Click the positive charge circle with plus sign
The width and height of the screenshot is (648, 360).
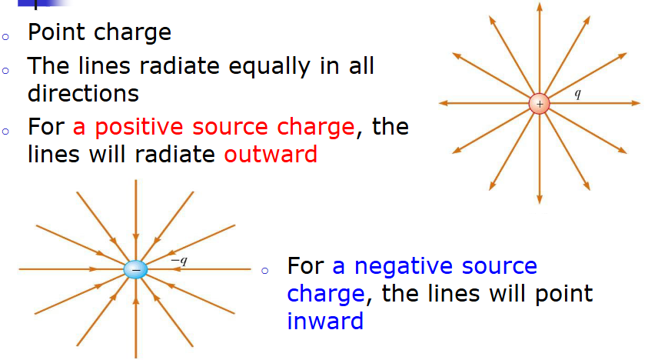pos(540,103)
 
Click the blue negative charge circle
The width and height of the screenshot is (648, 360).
pos(135,269)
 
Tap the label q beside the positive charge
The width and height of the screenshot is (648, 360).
pos(578,92)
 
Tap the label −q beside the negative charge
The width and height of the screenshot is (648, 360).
pos(178,261)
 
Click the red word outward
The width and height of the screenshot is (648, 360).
pos(271,155)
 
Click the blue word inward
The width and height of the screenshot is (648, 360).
pos(324,321)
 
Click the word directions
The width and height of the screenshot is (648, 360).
pos(83,94)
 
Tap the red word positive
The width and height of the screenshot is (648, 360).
pos(135,127)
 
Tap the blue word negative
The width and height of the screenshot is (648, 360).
pos(397,266)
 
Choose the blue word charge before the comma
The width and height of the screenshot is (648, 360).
pos(324,294)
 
